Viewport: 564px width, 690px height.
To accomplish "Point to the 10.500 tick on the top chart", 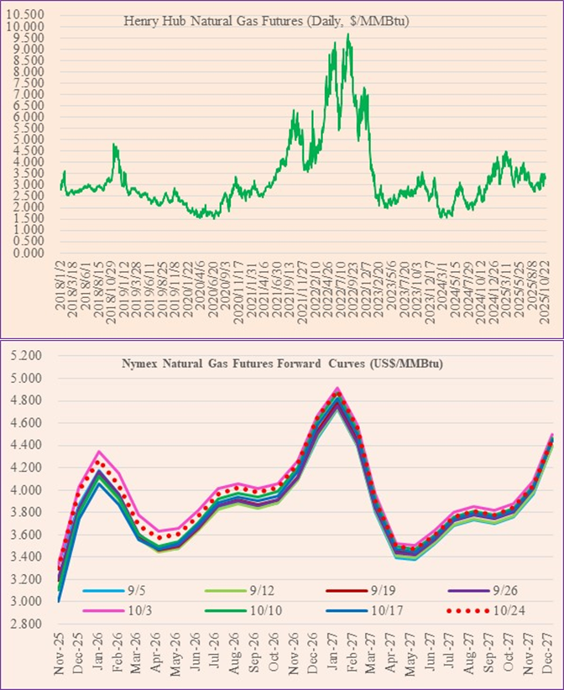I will (x=29, y=15).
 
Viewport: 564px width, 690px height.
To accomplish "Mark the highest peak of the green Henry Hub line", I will (x=347, y=35).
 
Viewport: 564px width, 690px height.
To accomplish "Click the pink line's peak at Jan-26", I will (x=100, y=452).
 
